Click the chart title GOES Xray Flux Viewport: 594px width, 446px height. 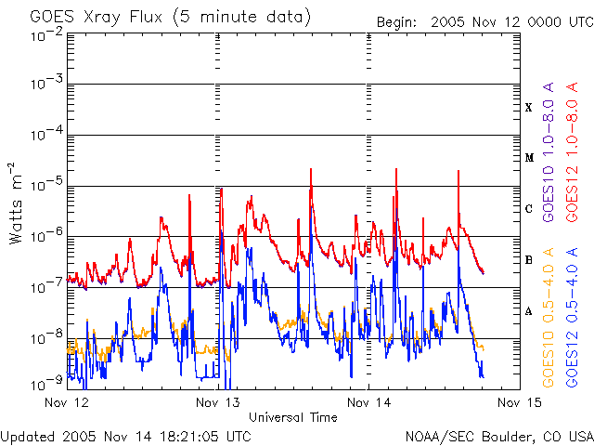click(x=96, y=18)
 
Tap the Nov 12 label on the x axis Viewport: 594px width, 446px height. click(x=67, y=402)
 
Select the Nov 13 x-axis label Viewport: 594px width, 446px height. click(x=218, y=402)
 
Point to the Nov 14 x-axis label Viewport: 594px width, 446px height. click(x=369, y=402)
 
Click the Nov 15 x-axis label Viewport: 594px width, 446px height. click(x=520, y=402)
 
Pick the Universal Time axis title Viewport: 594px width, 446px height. click(x=293, y=417)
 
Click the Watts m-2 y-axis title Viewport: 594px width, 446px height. click(x=16, y=203)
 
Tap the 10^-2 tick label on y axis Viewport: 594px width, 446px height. click(x=47, y=35)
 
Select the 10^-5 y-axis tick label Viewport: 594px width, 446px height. click(x=47, y=186)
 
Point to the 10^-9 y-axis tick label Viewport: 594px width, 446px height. click(x=47, y=385)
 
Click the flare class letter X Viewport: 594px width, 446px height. click(x=529, y=108)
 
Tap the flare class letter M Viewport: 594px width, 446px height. click(x=529, y=158)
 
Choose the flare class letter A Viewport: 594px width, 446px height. click(x=529, y=311)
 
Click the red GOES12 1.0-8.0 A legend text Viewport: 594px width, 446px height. click(x=572, y=152)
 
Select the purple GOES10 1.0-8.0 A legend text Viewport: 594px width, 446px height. click(x=549, y=152)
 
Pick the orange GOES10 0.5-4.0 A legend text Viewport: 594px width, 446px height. click(x=549, y=318)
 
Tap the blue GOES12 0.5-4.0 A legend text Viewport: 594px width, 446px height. click(x=572, y=318)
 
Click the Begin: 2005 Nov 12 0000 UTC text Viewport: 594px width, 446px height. click(x=484, y=22)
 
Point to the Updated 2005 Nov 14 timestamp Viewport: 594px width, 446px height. click(x=126, y=437)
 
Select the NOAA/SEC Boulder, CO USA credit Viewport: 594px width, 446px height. click(x=499, y=437)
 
